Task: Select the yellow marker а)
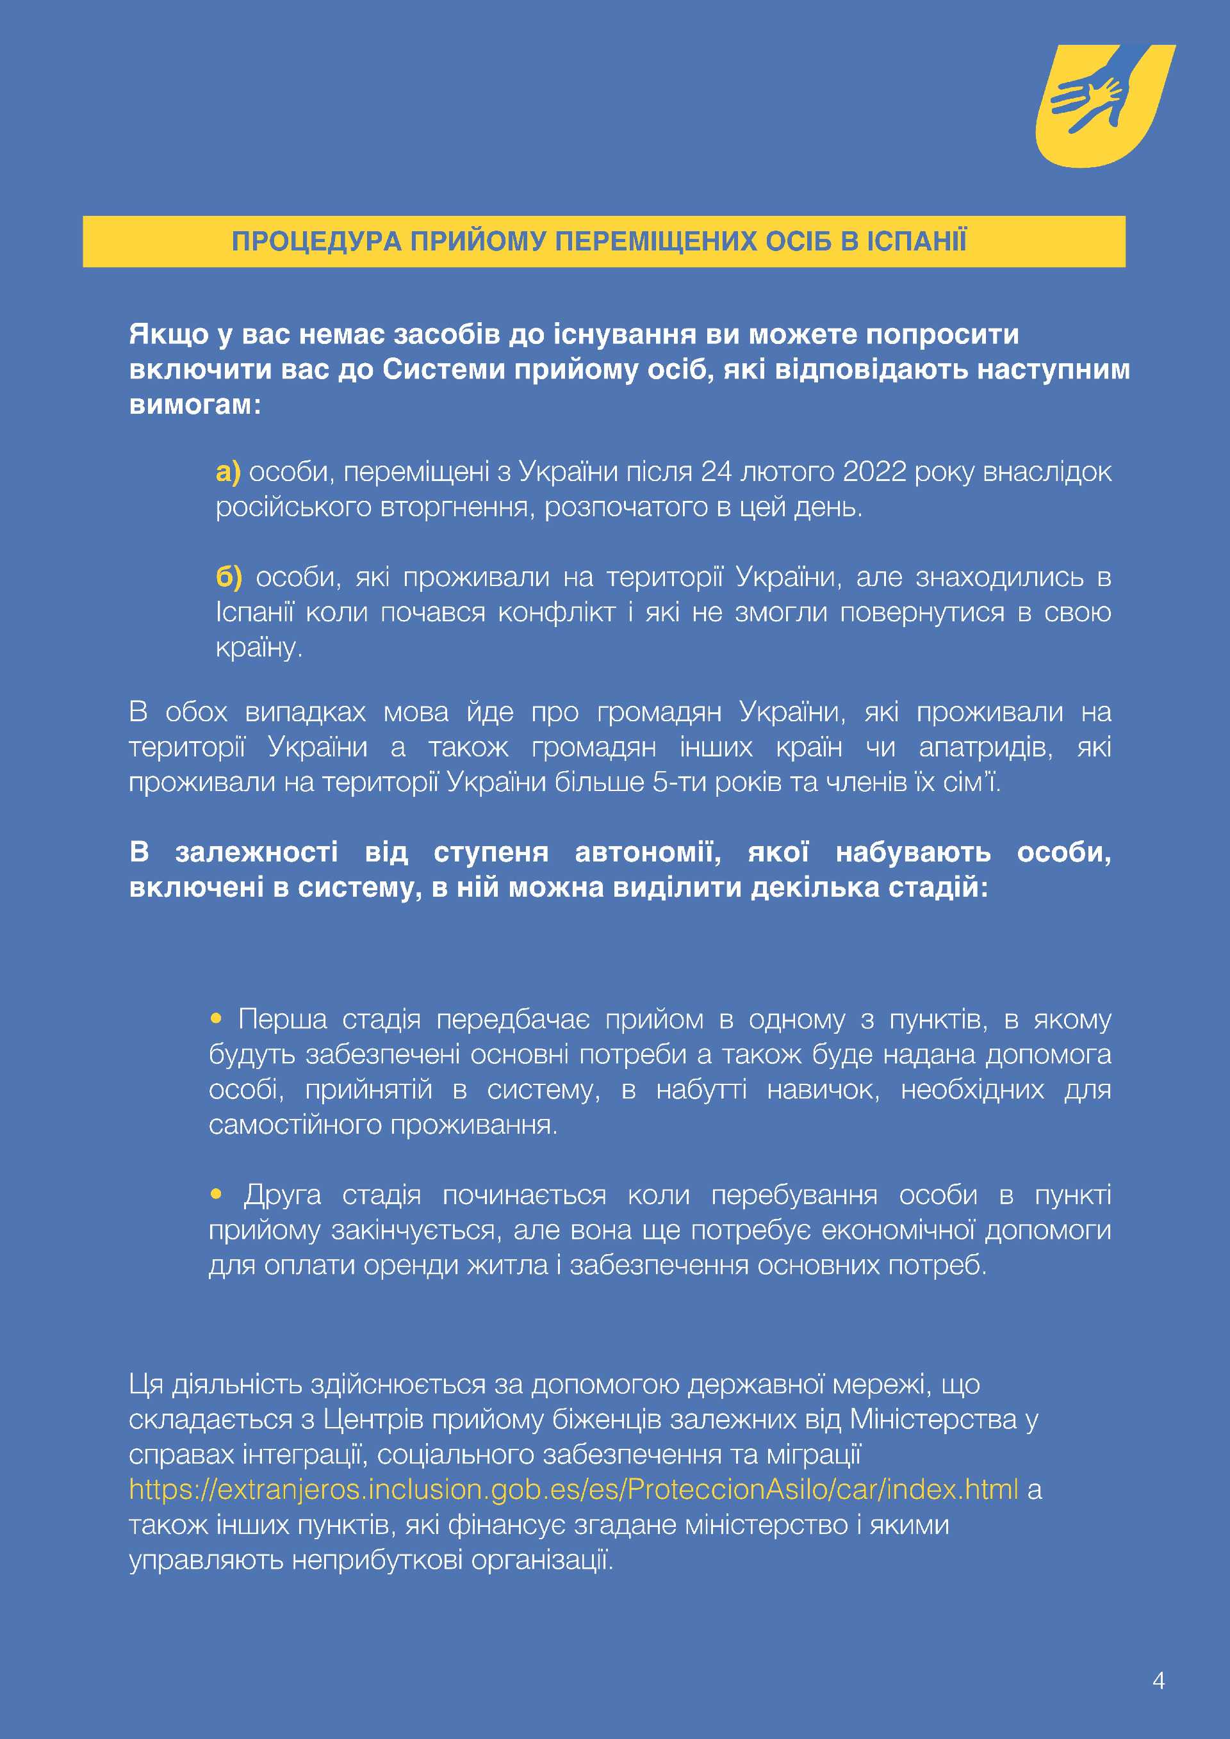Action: pos(227,472)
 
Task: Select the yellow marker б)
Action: pos(228,577)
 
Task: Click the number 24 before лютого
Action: pos(716,472)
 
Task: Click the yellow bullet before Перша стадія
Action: pos(217,1018)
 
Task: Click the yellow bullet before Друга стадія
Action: pos(217,1195)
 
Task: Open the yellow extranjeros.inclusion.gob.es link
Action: pos(573,1489)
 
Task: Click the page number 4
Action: pos(1158,1681)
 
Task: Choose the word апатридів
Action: pos(985,747)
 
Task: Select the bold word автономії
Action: pos(648,852)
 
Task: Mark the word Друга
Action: pos(283,1195)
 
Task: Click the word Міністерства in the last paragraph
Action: pos(933,1419)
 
